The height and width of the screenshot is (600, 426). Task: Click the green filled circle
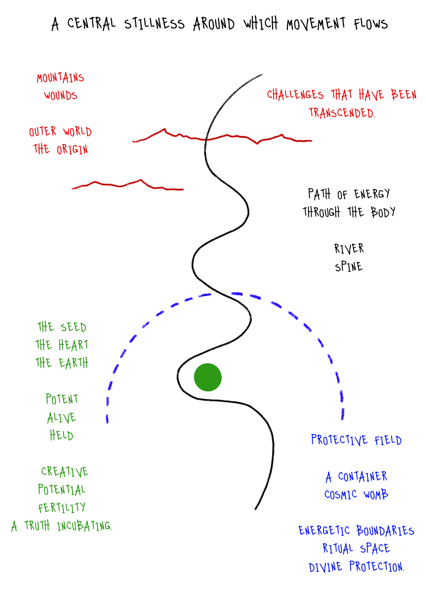208,377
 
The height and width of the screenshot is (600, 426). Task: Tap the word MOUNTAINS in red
60,78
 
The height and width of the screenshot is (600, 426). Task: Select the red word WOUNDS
60,95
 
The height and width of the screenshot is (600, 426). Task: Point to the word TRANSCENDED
342,113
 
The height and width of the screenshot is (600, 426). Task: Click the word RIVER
349,249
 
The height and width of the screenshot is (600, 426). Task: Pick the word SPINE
349,267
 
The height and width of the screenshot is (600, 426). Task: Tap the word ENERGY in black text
372,194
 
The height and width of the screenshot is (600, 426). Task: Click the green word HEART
73,345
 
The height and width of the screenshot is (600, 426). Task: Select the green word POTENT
62,399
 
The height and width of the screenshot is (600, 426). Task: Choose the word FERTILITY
62,508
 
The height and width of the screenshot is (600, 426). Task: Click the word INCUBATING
84,526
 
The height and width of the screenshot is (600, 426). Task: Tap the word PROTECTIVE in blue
339,440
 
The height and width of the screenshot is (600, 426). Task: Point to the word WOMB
376,495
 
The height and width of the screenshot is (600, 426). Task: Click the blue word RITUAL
338,549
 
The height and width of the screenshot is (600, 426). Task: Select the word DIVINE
325,567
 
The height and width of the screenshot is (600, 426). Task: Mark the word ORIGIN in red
72,150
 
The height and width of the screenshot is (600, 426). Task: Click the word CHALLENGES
295,95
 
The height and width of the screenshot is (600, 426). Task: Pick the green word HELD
61,436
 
